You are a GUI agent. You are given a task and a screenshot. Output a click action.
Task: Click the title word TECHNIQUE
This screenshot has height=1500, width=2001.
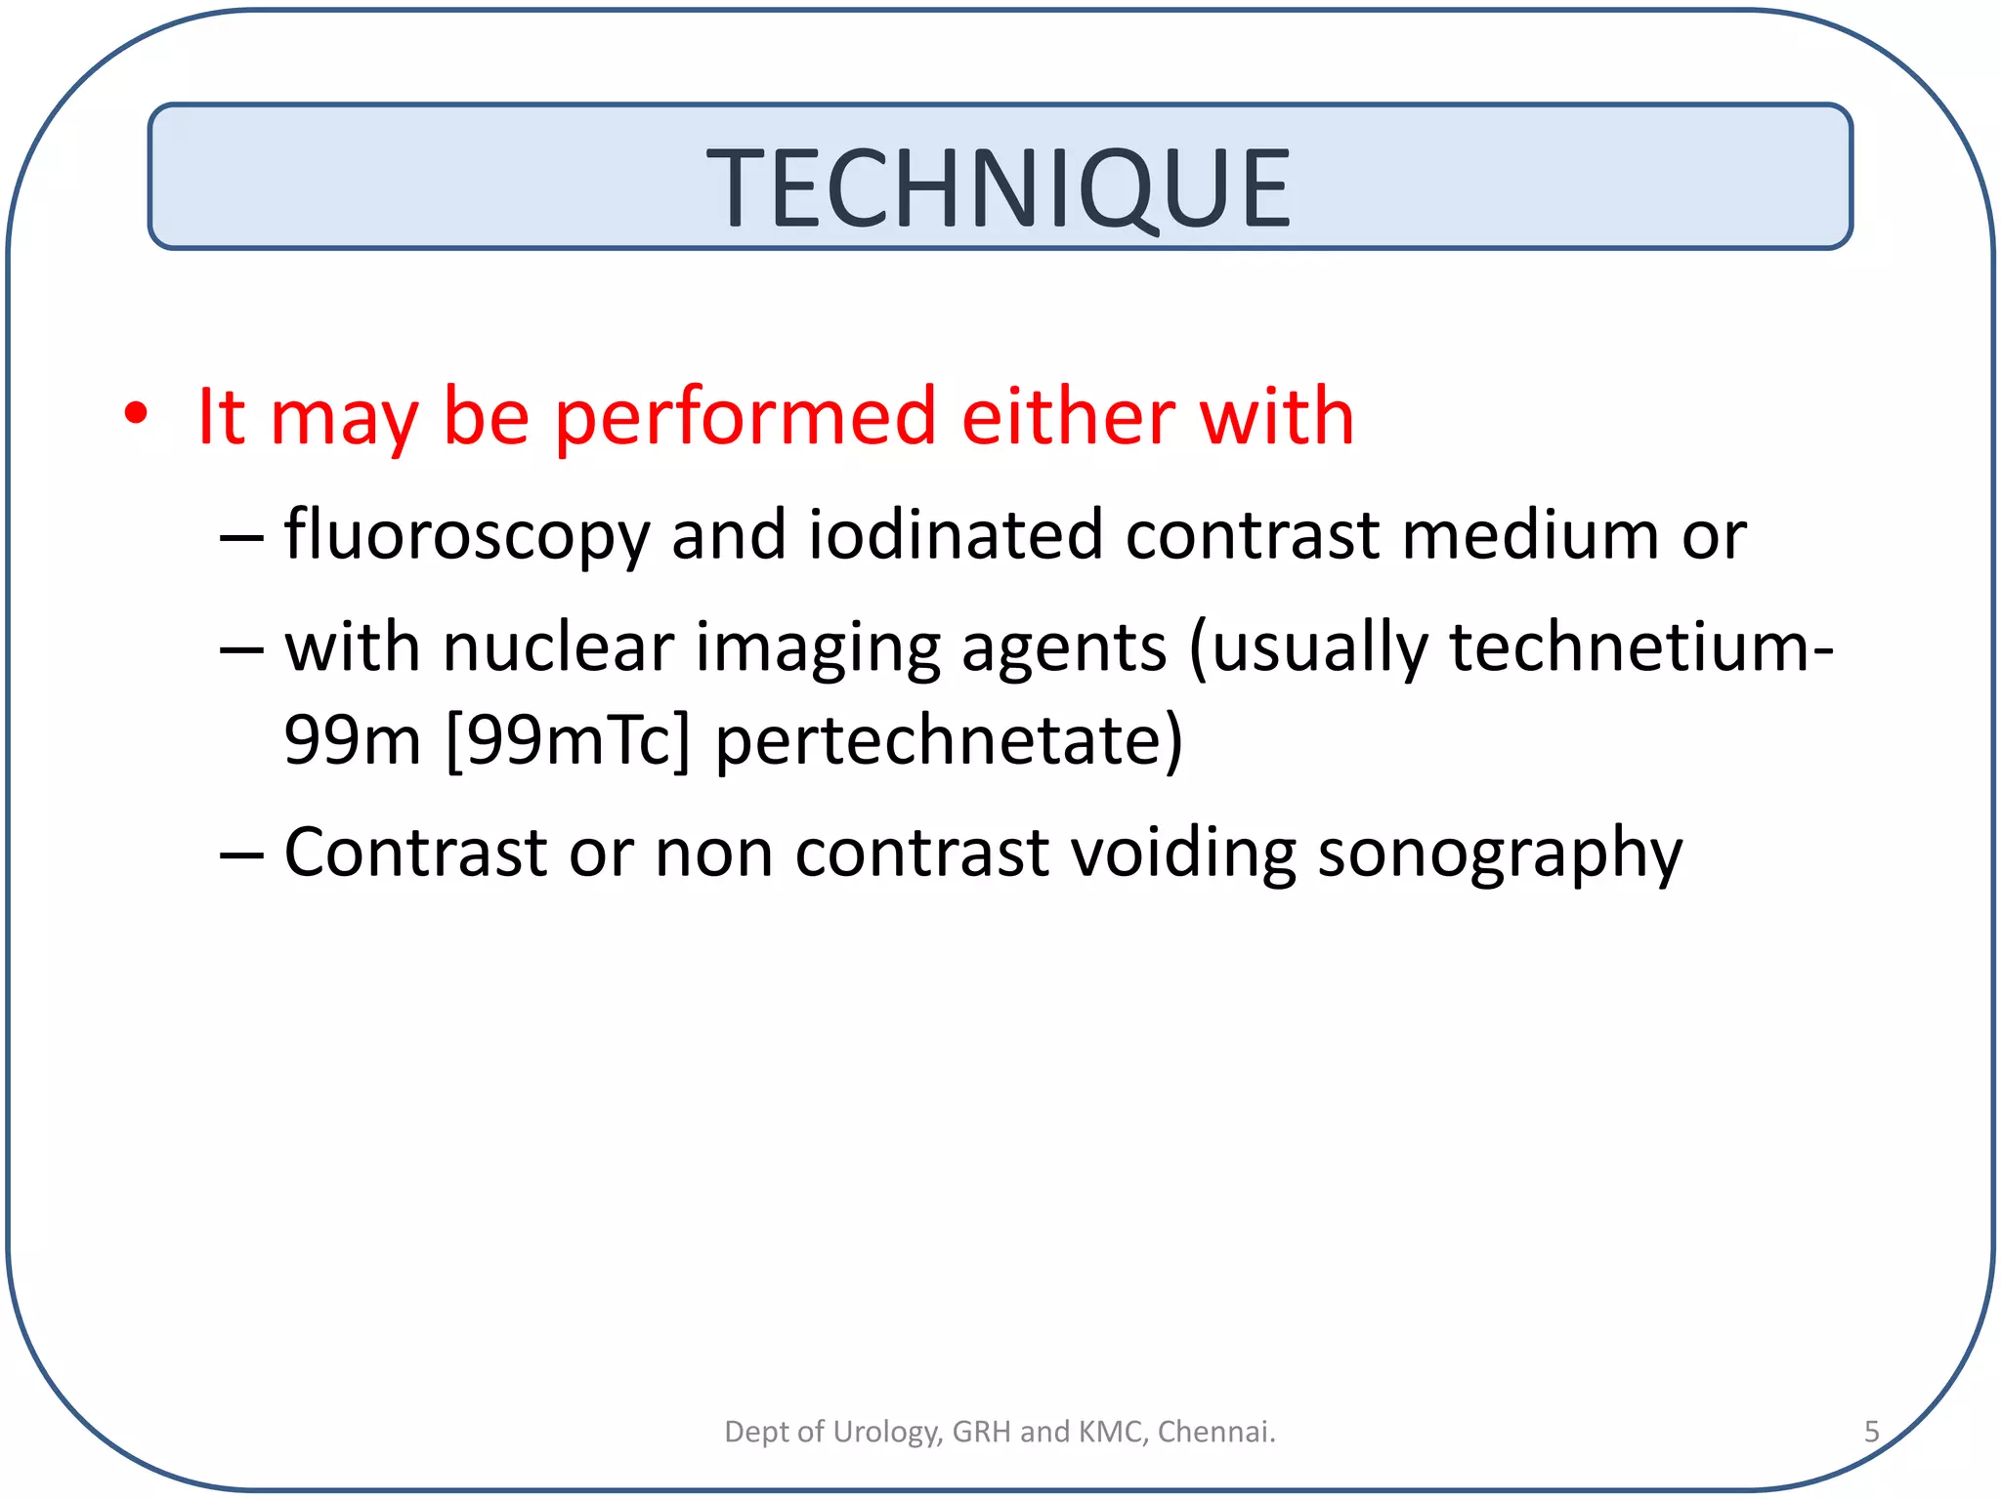coord(999,187)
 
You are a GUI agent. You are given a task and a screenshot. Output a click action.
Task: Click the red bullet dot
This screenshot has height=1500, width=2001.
coord(136,415)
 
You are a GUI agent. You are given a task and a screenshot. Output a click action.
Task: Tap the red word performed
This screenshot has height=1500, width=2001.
coord(745,418)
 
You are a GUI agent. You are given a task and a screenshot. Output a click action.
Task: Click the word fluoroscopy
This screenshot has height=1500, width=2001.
coord(467,537)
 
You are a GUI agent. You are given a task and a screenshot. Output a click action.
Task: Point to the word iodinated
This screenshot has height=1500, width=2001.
coord(955,535)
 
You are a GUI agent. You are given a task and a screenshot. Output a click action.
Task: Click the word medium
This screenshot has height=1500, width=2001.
coord(1530,535)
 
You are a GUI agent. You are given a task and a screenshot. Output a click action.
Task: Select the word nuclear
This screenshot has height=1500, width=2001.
coord(558,647)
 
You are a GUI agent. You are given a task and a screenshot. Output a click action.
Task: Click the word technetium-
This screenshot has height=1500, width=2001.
coord(1640,647)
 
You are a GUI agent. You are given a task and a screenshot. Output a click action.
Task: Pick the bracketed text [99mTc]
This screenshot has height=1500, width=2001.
coord(567,740)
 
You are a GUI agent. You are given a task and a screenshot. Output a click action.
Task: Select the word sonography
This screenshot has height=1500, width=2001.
coord(1500,854)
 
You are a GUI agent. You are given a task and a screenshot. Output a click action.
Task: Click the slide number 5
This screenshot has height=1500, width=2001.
coord(1871,1432)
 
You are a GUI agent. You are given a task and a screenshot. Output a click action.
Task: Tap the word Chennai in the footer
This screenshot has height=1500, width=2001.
coord(1215,1432)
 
